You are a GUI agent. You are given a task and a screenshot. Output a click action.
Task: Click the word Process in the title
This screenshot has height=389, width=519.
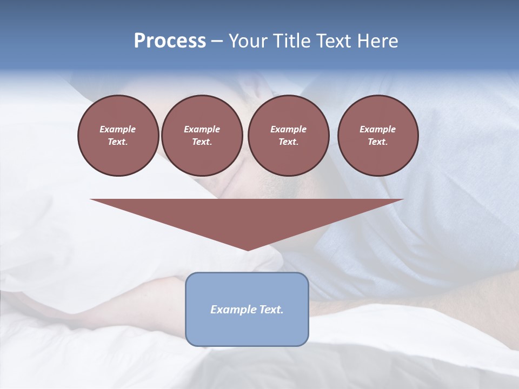pyautogui.click(x=170, y=41)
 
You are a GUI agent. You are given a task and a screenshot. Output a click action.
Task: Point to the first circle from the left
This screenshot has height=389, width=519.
pyautogui.click(x=118, y=135)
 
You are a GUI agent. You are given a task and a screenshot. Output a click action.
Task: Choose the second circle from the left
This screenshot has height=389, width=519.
pyautogui.click(x=202, y=135)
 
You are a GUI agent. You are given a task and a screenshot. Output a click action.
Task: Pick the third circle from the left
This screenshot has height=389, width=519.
pyautogui.click(x=288, y=135)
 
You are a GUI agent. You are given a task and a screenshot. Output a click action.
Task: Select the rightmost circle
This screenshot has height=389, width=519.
pyautogui.click(x=378, y=135)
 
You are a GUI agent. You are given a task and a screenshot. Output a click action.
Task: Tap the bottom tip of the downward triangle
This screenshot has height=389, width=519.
pyautogui.click(x=248, y=249)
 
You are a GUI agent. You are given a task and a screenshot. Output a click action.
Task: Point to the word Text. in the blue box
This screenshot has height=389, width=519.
pyautogui.click(x=270, y=310)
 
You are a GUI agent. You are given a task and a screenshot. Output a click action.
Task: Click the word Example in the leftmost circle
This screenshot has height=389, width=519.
pyautogui.click(x=118, y=129)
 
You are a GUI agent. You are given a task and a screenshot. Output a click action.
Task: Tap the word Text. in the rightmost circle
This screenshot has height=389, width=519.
pyautogui.click(x=378, y=142)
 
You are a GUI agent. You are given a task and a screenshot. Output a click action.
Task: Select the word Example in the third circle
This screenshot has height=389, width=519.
pyautogui.click(x=288, y=129)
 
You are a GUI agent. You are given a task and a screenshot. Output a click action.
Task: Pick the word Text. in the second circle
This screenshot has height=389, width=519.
pyautogui.click(x=202, y=142)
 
